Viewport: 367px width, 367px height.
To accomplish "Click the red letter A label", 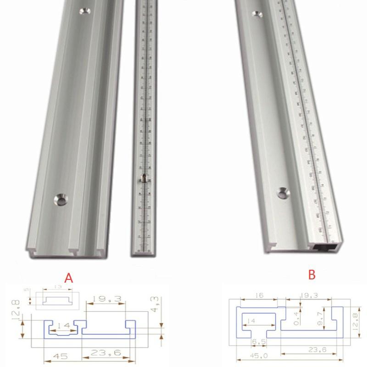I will (68, 278).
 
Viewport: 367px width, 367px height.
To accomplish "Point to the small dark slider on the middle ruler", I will (143, 179).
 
